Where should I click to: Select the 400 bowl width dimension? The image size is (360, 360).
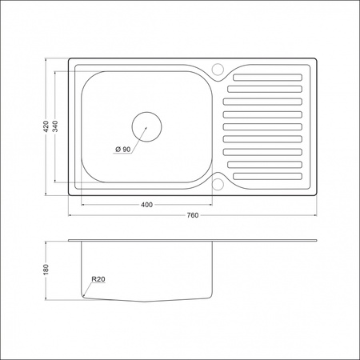click(146, 205)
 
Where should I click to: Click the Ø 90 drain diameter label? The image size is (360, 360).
click(122, 149)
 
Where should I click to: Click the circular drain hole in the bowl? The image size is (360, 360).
click(146, 126)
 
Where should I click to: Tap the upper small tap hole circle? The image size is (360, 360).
click(218, 68)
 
